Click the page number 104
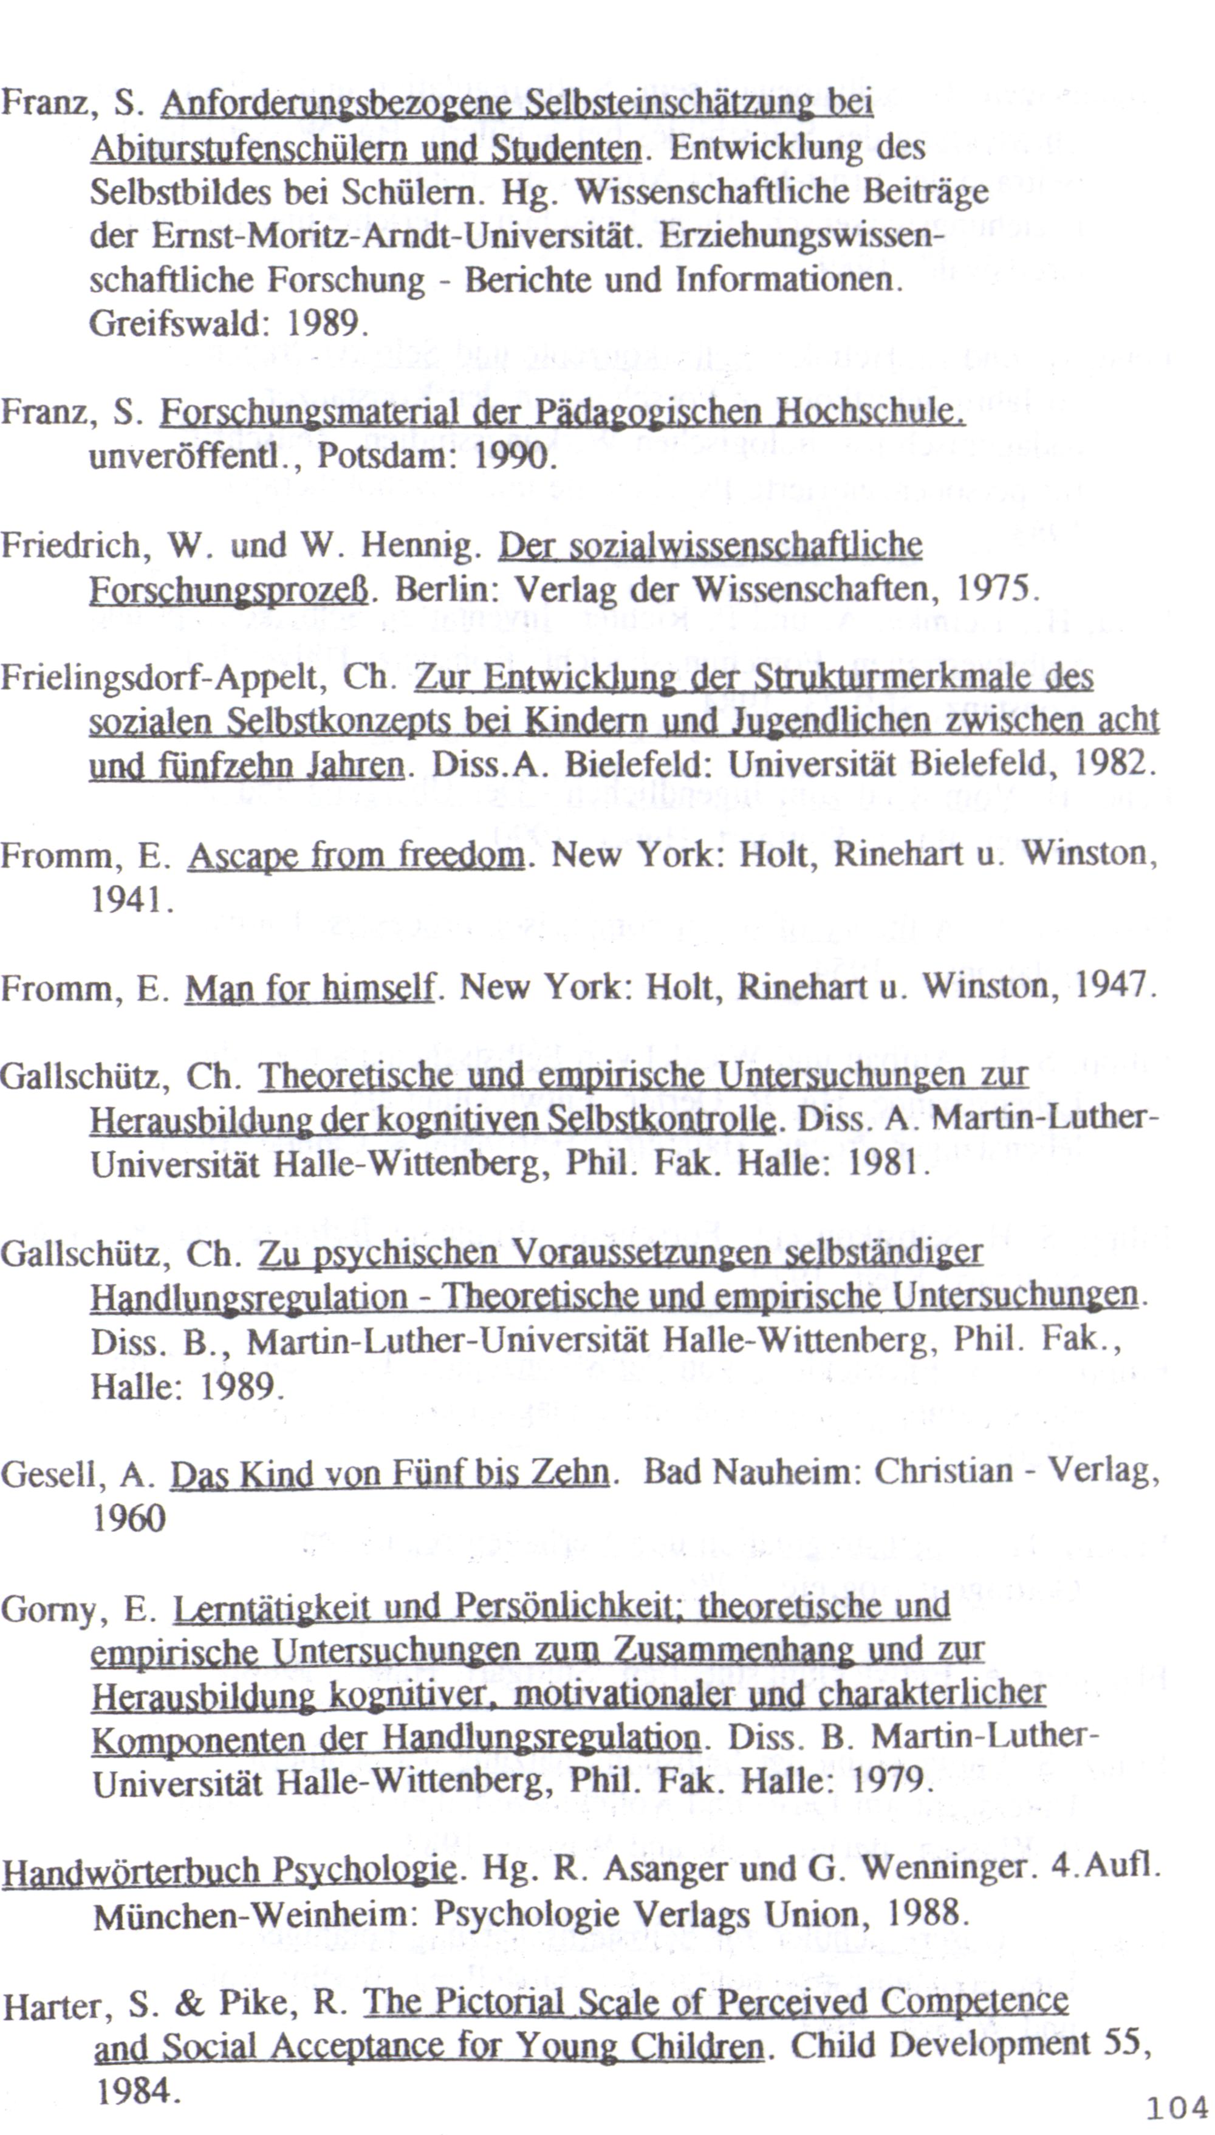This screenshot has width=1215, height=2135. coord(1177,2108)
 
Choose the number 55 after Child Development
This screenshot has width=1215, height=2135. coord(1123,2043)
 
